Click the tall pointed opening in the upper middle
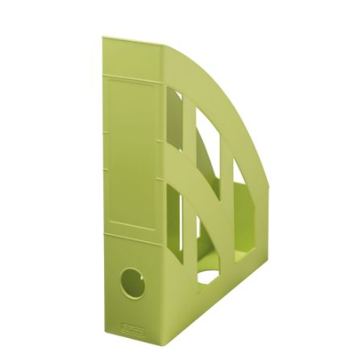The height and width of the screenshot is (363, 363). [x=207, y=149]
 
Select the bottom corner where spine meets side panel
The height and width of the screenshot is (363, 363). [x=165, y=340]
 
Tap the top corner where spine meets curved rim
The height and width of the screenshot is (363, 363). [x=166, y=45]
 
